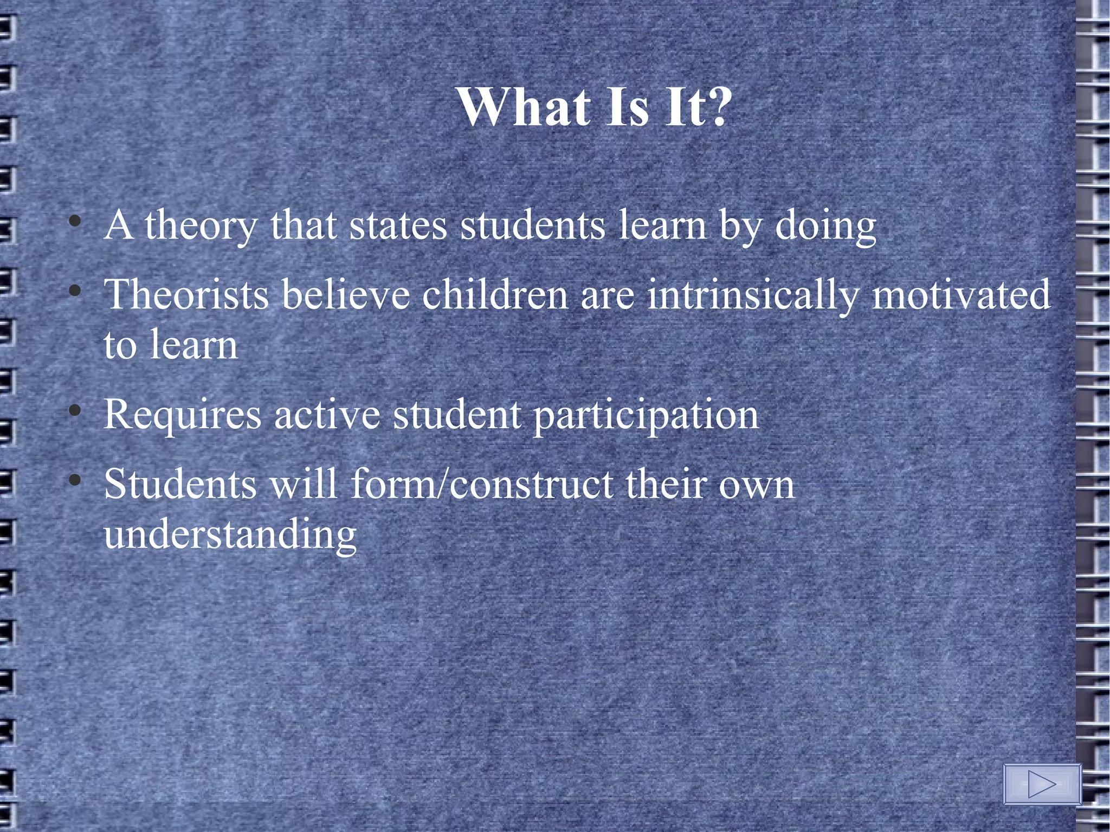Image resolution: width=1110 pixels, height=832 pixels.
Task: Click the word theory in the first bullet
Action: tap(200, 226)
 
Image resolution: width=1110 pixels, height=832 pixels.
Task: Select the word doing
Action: tap(825, 226)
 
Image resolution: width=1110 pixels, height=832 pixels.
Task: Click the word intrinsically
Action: tap(753, 295)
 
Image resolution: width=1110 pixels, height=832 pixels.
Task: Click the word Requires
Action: tap(183, 415)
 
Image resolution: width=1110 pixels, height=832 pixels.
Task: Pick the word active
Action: tap(327, 415)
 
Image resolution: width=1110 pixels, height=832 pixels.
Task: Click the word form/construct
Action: tap(482, 483)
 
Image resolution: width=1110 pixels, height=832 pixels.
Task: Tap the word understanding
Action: tap(230, 536)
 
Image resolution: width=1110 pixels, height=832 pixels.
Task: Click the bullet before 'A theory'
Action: tap(75, 222)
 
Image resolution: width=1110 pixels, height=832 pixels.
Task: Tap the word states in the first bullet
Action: tap(398, 226)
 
